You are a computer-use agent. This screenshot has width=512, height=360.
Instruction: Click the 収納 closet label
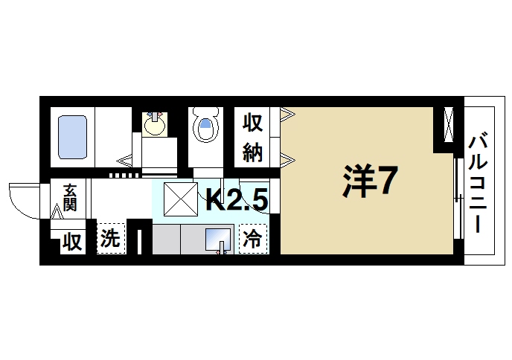252,138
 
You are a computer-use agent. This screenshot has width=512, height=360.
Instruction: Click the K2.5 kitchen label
237,199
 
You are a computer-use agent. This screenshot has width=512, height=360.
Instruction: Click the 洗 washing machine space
109,240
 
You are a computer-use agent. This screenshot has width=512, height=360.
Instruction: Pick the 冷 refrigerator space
252,240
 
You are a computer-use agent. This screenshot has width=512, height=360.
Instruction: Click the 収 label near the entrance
71,241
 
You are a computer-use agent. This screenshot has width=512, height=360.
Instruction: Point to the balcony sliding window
456,198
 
